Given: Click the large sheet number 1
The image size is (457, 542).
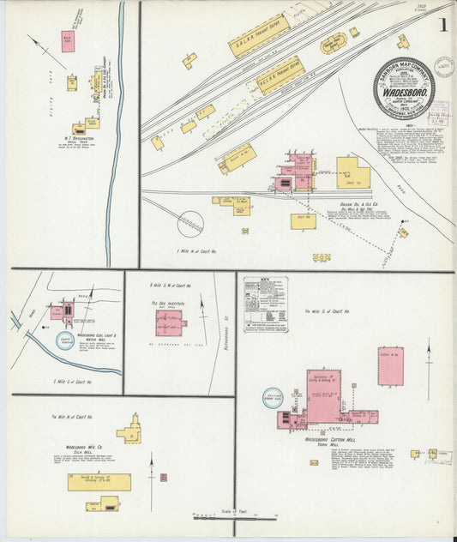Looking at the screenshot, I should coord(442,25).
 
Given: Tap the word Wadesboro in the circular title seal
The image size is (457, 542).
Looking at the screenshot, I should coord(404,88).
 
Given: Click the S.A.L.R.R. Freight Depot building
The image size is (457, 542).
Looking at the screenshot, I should coord(258,36).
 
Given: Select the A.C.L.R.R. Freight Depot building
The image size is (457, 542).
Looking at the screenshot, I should coord(281,75).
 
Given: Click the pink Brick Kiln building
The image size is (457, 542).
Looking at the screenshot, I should coord(67,41).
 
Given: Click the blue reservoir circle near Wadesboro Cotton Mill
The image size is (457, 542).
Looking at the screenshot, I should coord(274,397).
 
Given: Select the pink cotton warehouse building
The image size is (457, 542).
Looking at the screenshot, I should coord(390,366).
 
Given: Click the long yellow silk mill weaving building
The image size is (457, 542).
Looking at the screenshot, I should coord(99,482).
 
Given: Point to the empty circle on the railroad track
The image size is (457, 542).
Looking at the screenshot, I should coord(189,225).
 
